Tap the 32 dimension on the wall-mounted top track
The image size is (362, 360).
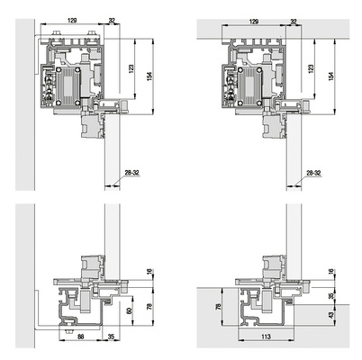113,18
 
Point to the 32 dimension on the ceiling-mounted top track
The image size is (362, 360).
294,18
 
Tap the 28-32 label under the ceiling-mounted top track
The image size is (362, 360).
312,172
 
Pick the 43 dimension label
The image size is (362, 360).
330,316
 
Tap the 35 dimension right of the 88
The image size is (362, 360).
111,335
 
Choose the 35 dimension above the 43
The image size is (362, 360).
330,294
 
